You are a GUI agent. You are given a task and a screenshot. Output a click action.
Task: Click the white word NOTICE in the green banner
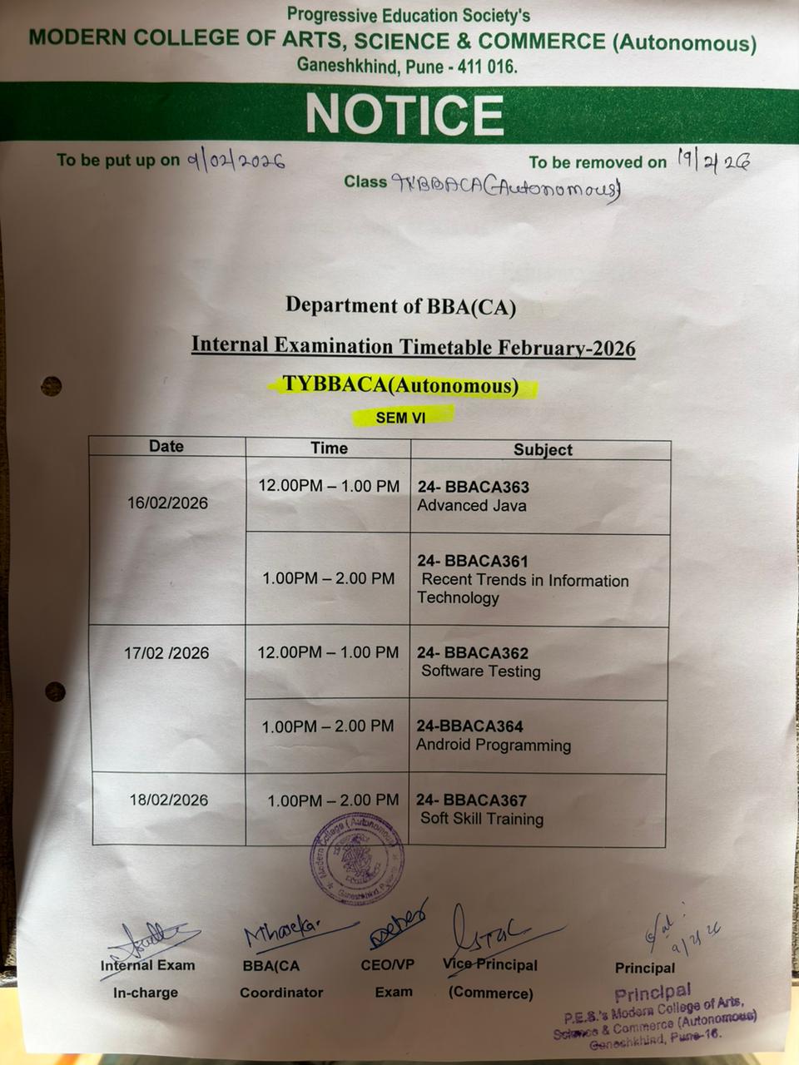tap(404, 114)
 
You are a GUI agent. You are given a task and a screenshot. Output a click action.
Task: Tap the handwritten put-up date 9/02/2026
tap(236, 160)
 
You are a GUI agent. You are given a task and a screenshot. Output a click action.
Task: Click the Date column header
tap(166, 446)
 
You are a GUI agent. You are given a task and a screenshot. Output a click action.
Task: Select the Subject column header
tap(543, 449)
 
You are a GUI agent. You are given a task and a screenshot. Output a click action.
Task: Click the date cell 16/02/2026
tap(167, 503)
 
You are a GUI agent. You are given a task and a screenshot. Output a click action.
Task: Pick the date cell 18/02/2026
tap(168, 800)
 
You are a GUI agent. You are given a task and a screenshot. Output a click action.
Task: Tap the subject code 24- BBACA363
tap(473, 487)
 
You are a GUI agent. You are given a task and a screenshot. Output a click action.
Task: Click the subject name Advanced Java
tap(471, 506)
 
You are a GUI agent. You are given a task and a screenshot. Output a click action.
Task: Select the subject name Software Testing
tap(480, 671)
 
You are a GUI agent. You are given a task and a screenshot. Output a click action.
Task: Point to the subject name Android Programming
tap(494, 745)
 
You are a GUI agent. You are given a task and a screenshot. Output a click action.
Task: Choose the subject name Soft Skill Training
tap(481, 819)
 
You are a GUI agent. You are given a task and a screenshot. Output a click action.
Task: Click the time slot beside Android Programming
tap(328, 726)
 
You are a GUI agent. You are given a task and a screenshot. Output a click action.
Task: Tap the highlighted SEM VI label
tap(400, 417)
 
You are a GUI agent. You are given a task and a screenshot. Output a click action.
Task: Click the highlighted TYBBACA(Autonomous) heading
tap(400, 385)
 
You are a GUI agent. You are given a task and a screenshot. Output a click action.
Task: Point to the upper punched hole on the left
tap(52, 386)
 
